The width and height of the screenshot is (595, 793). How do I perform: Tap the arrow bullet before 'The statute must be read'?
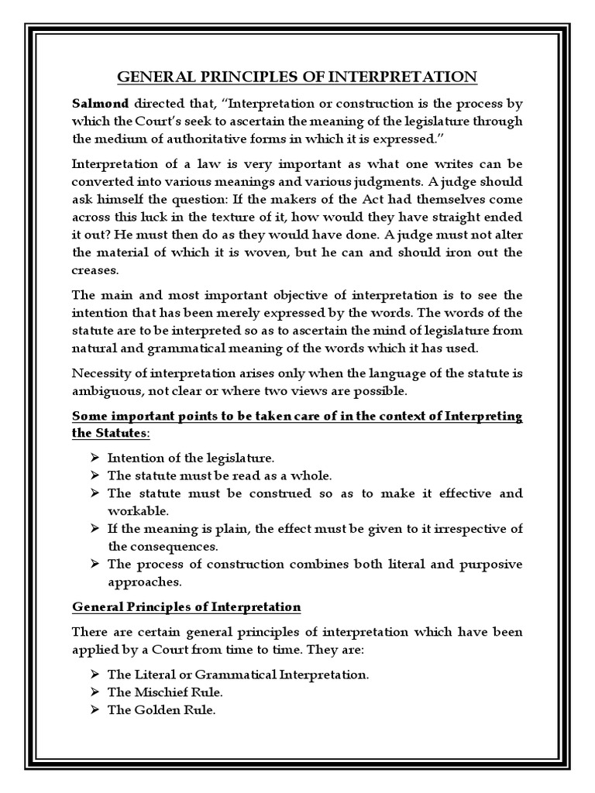coord(95,475)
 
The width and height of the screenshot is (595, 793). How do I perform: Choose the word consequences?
coord(155,546)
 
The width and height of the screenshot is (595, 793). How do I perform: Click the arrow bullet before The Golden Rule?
coord(95,709)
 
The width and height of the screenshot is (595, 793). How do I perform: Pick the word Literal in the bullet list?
coord(153,675)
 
